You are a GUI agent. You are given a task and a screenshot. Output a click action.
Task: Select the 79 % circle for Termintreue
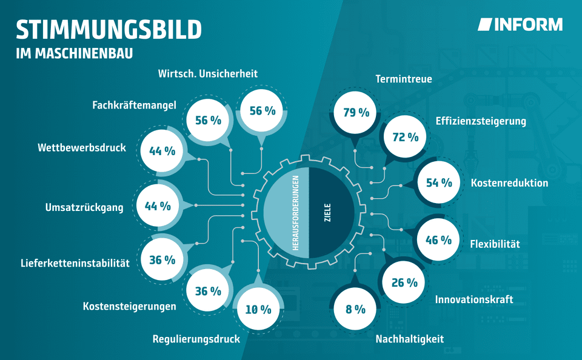pos(356,113)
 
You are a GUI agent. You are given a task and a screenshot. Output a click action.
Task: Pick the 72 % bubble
pos(406,138)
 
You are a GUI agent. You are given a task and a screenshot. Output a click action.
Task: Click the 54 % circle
pos(439,182)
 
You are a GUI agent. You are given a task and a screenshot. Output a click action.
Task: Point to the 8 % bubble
pos(355,309)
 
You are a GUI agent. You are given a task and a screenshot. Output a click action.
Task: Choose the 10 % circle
pos(258,310)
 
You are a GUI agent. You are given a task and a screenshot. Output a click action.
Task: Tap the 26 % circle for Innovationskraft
pos(404,282)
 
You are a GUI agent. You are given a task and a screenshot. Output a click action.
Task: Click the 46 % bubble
pos(439,240)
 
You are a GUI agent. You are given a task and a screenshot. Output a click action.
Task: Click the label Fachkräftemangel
pos(134,105)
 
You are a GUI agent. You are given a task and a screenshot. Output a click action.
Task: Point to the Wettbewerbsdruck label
pos(82,148)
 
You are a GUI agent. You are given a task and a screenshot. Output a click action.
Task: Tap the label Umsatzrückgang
pos(84,208)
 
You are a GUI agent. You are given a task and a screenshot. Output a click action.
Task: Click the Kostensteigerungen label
pos(129,306)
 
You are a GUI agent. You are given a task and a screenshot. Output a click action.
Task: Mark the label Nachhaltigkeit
pos(409,339)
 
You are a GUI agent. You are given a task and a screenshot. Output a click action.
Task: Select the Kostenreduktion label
pos(509,183)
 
